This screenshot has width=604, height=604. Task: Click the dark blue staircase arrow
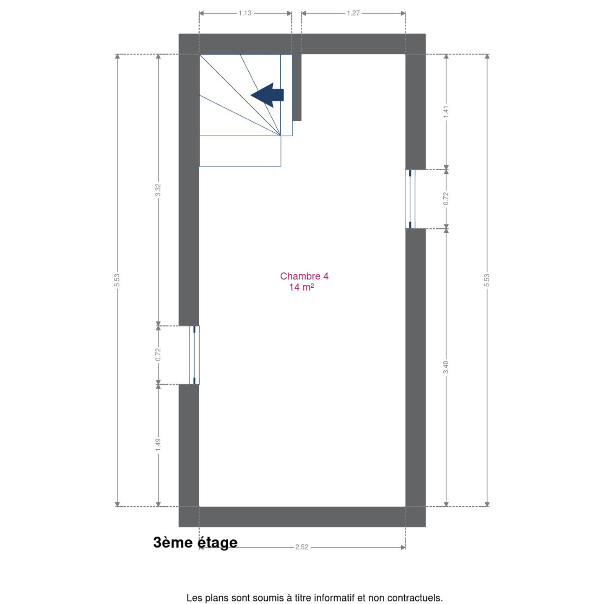267,95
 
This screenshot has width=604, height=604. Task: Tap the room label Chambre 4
304,276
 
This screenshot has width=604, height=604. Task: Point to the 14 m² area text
302,287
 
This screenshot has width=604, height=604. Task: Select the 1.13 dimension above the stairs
245,13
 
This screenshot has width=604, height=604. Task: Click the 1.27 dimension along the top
353,13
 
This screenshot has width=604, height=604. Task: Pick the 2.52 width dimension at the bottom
302,547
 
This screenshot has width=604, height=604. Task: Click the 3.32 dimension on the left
158,190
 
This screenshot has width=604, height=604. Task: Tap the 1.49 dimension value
158,445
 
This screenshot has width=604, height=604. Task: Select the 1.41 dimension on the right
446,112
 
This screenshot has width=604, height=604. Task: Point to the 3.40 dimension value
446,367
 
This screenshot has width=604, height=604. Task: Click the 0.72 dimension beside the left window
158,354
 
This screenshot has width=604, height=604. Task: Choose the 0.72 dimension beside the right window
446,199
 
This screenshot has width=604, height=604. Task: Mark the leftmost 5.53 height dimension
117,280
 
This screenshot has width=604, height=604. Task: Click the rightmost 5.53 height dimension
487,280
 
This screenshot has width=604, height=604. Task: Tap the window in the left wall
194,355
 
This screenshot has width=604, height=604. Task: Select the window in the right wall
410,199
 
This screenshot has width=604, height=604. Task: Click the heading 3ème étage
195,542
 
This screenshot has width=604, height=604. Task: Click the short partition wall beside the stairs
297,87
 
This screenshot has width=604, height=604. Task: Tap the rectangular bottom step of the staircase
240,151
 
